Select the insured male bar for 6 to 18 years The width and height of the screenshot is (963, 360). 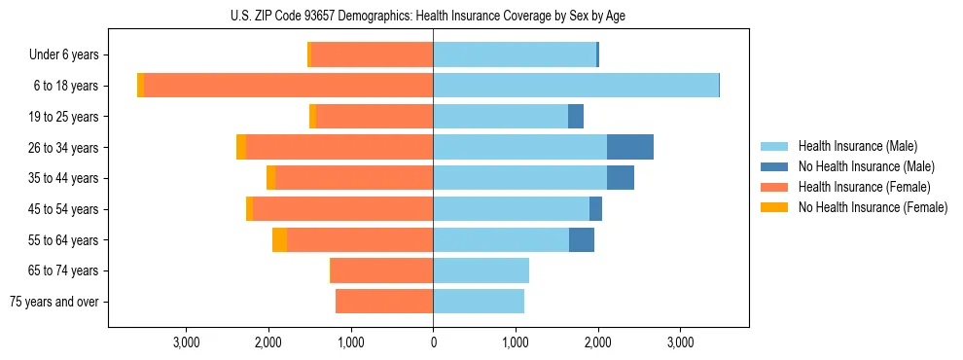tap(576, 86)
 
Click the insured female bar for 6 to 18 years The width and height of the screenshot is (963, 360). tap(288, 86)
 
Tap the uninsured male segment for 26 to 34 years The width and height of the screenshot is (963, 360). tap(629, 147)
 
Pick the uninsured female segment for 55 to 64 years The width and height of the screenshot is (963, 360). tap(279, 240)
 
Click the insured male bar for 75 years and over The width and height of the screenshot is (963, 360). tap(479, 302)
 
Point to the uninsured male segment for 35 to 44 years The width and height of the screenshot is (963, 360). tap(621, 178)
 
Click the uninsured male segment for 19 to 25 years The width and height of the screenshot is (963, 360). tap(576, 117)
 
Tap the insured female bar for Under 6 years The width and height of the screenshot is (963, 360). tap(372, 55)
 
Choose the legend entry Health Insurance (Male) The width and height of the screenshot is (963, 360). tap(857, 146)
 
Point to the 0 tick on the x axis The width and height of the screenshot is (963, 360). tap(433, 342)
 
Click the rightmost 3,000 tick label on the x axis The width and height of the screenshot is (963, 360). tap(680, 342)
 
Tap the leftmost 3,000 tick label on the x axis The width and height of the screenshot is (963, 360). tap(186, 342)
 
